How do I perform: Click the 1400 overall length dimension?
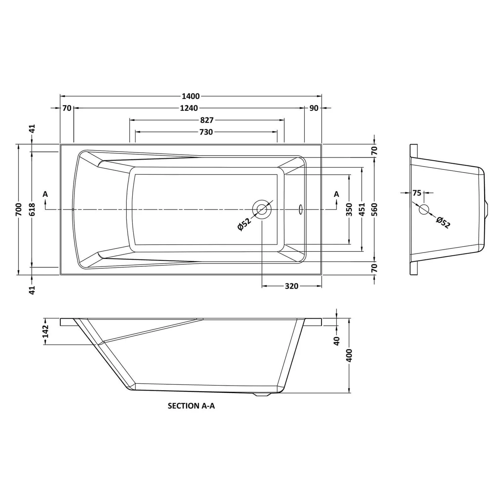[191, 96]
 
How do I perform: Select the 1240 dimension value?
[189, 108]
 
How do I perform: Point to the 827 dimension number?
[207, 120]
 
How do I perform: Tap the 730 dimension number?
[206, 132]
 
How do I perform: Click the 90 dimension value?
[313, 108]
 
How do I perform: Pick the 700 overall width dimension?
[19, 209]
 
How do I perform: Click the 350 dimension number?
[349, 209]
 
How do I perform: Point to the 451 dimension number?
[362, 209]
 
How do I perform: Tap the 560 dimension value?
[375, 209]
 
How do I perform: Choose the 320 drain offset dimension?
[291, 286]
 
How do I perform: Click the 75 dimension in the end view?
[417, 193]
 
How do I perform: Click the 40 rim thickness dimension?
[337, 341]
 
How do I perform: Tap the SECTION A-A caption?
[191, 406]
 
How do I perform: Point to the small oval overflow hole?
[300, 209]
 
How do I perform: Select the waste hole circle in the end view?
[424, 209]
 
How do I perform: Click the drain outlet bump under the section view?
[262, 394]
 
